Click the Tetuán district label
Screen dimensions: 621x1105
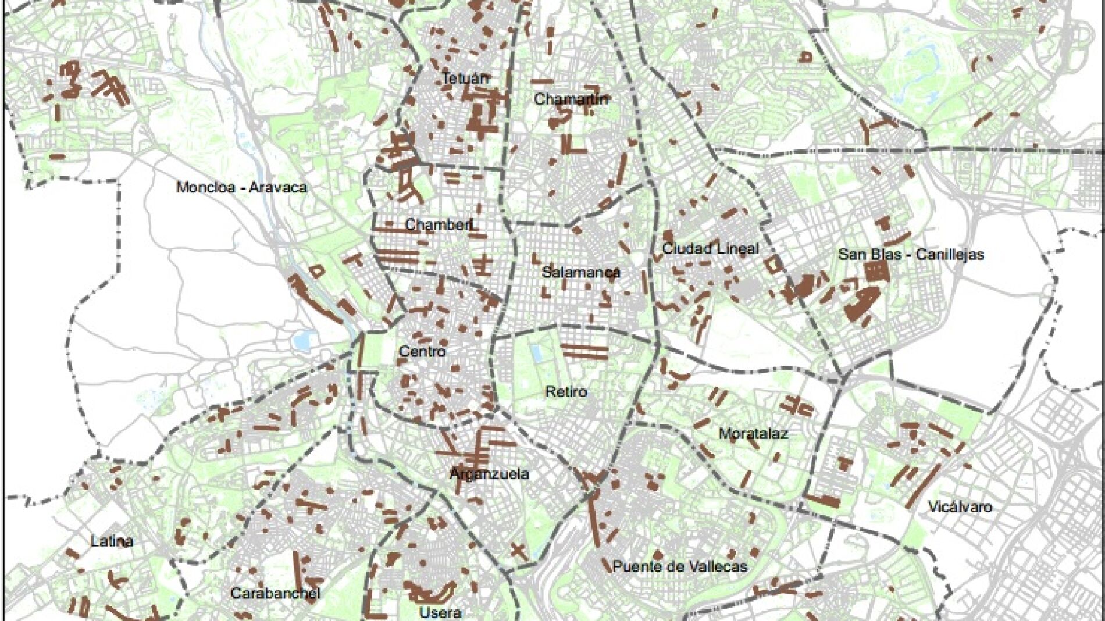pos(465,78)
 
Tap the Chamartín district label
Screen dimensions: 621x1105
pos(571,99)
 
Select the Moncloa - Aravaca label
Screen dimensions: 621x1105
pos(241,187)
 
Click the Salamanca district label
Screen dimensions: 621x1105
pos(580,272)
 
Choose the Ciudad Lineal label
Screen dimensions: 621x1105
pos(710,248)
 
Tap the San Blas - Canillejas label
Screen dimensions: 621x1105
pos(911,254)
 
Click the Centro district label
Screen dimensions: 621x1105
pos(422,351)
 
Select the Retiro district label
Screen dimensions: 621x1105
pos(565,391)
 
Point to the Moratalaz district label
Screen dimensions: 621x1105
pos(753,433)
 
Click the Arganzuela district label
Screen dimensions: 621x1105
pos(489,473)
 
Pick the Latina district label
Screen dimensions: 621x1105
pos(112,541)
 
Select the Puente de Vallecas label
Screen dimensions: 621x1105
pos(679,566)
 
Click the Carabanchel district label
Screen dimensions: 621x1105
pos(275,593)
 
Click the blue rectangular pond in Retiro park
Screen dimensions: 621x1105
pos(536,353)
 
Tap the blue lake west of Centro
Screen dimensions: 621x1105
pos(302,341)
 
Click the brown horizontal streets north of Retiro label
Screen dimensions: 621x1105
pos(584,351)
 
